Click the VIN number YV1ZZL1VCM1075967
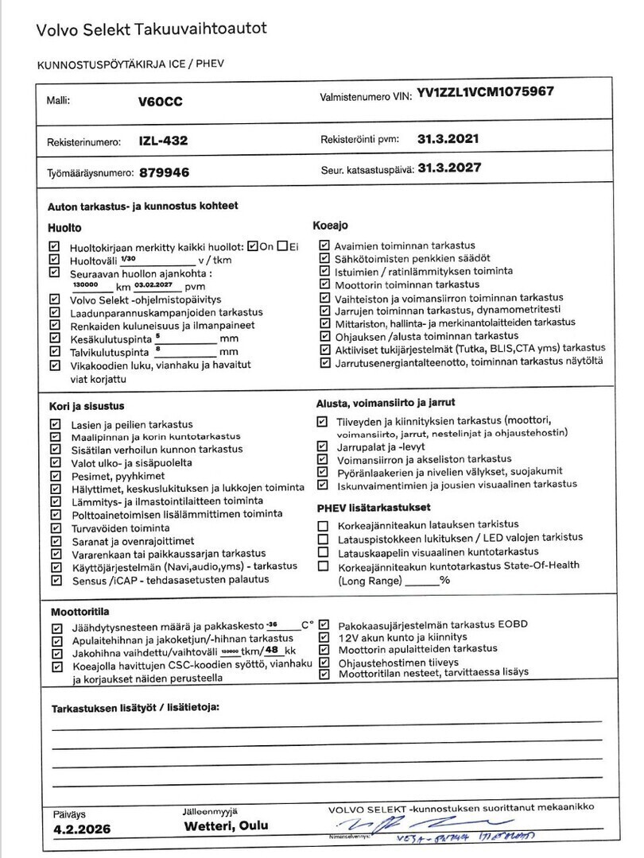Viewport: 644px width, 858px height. [x=484, y=93]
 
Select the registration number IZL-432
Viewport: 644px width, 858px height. [x=162, y=141]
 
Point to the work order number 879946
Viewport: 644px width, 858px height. [x=164, y=172]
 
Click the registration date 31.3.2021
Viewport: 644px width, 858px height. [x=448, y=138]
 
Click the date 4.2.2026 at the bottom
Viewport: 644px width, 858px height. [x=81, y=829]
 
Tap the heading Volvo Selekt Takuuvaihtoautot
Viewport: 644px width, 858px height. [x=151, y=29]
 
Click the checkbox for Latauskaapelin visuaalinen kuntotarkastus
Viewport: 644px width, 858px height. [x=322, y=551]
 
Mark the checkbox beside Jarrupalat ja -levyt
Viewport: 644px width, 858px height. [x=322, y=446]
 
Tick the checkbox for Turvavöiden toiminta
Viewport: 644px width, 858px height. [x=55, y=528]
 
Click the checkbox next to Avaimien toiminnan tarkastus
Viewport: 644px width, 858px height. [x=324, y=246]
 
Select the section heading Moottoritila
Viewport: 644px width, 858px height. [x=80, y=612]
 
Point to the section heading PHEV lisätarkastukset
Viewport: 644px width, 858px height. [x=374, y=507]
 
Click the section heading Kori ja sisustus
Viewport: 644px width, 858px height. [x=87, y=406]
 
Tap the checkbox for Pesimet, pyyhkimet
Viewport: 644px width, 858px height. [x=55, y=475]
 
